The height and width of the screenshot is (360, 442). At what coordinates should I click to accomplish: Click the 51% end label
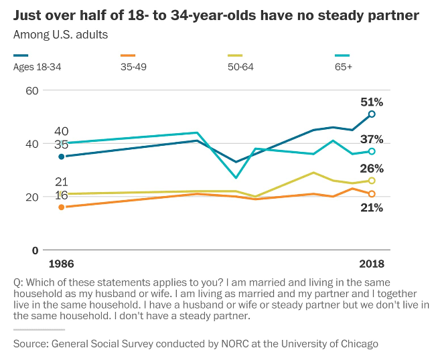(371, 102)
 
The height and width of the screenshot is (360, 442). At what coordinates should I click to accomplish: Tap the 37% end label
(371, 140)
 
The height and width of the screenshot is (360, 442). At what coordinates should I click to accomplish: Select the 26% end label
(371, 169)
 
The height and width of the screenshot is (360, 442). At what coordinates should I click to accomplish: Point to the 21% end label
(371, 207)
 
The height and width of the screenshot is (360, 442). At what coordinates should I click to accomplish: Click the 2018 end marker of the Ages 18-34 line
(372, 114)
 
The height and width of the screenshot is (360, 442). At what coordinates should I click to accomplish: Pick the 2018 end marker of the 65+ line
(372, 151)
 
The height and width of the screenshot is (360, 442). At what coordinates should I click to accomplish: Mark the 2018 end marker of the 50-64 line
(372, 181)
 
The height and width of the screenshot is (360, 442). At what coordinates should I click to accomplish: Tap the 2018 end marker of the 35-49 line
(372, 194)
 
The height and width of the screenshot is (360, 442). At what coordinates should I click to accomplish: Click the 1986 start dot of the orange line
(62, 207)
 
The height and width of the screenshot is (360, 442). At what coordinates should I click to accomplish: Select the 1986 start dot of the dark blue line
(62, 157)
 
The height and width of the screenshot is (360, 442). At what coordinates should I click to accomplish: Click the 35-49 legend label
(133, 66)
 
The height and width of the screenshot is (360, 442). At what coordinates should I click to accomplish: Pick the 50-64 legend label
(242, 66)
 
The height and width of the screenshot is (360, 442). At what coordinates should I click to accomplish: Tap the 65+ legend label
(343, 66)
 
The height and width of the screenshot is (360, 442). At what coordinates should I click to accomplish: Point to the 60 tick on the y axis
(31, 90)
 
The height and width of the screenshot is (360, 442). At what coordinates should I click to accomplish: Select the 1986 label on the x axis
(62, 264)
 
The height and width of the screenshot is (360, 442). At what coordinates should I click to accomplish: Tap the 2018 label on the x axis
(371, 264)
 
